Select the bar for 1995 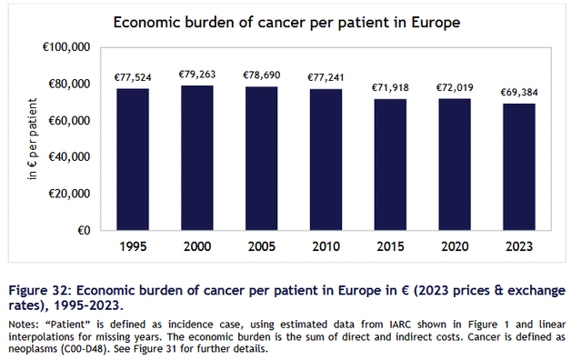coord(133,159)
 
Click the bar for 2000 coord(197,158)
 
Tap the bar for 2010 coord(326,160)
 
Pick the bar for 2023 coord(519,166)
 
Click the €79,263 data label coord(197,75)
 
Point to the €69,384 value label coord(519,93)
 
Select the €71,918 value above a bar coord(390,87)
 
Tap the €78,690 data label coord(261,75)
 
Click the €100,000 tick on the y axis coord(66,47)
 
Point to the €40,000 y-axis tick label coord(69,157)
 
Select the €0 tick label coord(84,231)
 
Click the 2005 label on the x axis coord(261,246)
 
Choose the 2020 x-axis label coord(455,246)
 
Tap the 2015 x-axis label coord(390,246)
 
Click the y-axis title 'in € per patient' coord(33,139)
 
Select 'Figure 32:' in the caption coord(40,290)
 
